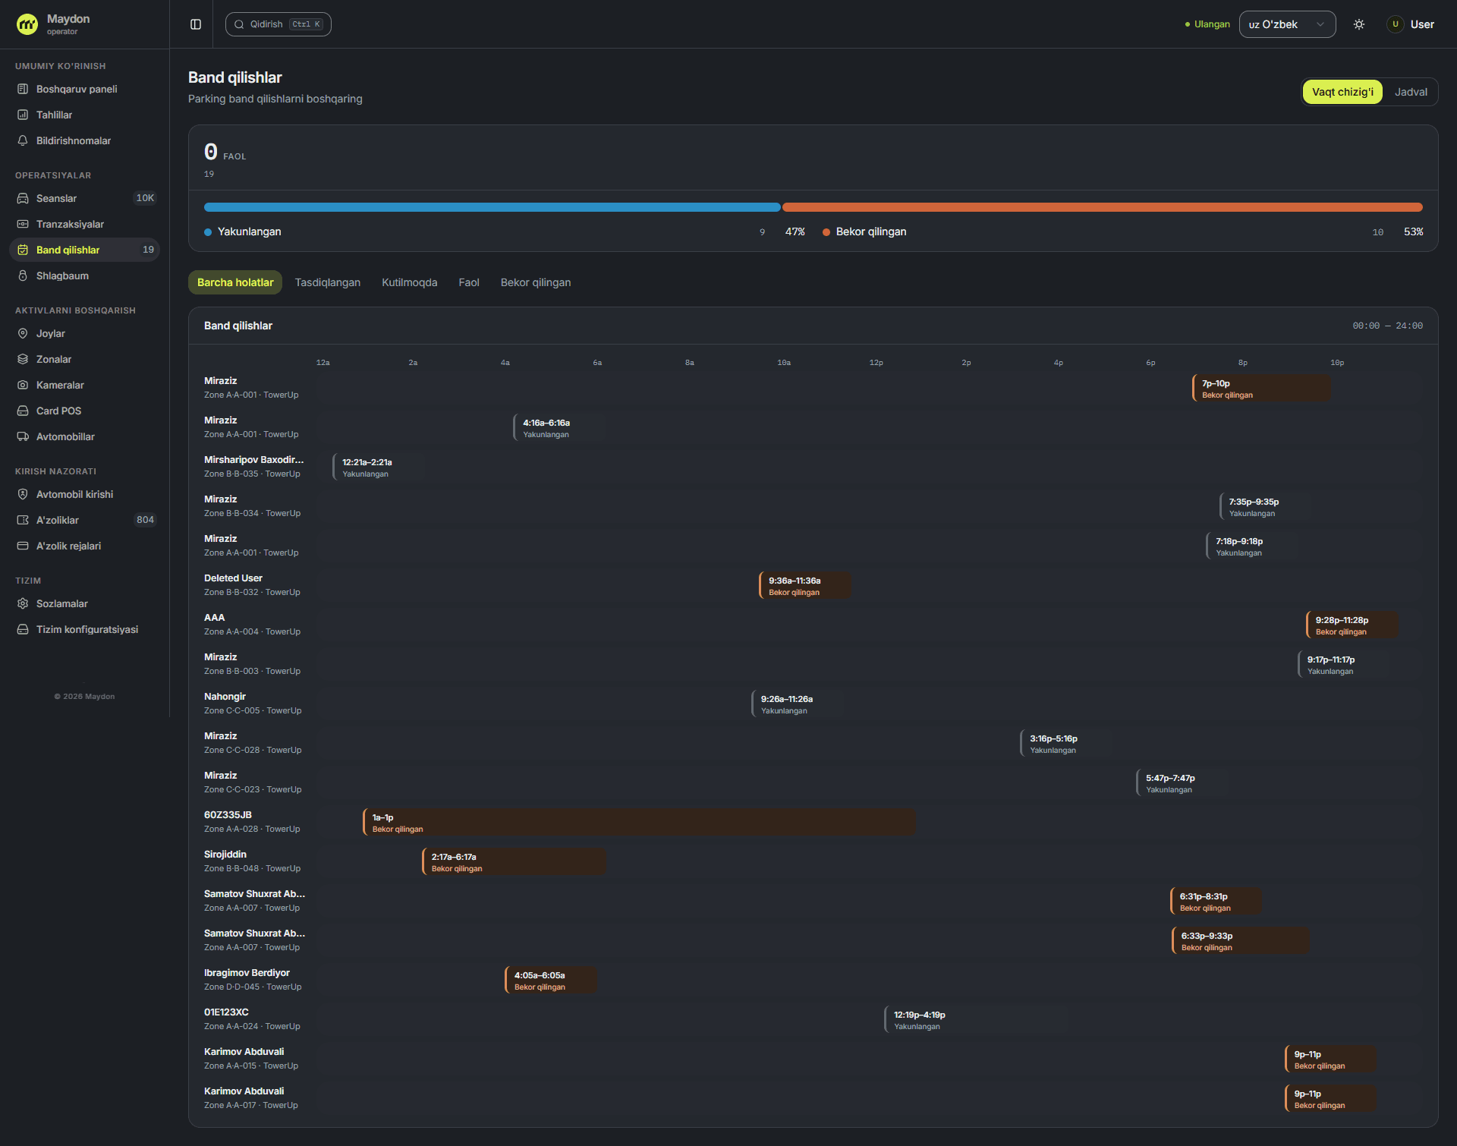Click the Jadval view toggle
(x=1411, y=92)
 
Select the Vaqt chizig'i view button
(x=1342, y=92)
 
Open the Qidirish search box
(x=278, y=24)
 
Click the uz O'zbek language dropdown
(x=1287, y=24)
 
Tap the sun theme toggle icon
(x=1359, y=24)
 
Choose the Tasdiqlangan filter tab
(x=328, y=282)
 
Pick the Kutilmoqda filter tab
(x=410, y=282)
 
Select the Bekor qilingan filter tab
(x=536, y=282)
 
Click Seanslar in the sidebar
(x=56, y=198)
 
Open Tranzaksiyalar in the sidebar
(x=70, y=224)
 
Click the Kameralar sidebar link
(x=60, y=385)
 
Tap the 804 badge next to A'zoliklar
(x=145, y=520)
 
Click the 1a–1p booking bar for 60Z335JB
(x=639, y=823)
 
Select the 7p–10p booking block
(x=1261, y=389)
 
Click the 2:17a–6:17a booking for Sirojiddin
(x=514, y=862)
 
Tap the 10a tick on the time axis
(x=784, y=363)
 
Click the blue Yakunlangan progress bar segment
(x=492, y=207)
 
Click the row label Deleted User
(x=233, y=578)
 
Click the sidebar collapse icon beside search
(x=196, y=24)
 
